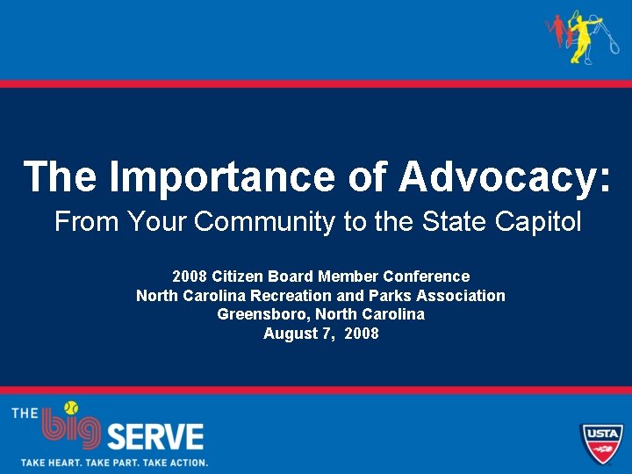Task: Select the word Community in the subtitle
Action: point(264,222)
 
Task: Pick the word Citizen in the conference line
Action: point(240,276)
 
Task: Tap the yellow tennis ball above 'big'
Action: point(70,408)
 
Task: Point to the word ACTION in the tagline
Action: point(183,462)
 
